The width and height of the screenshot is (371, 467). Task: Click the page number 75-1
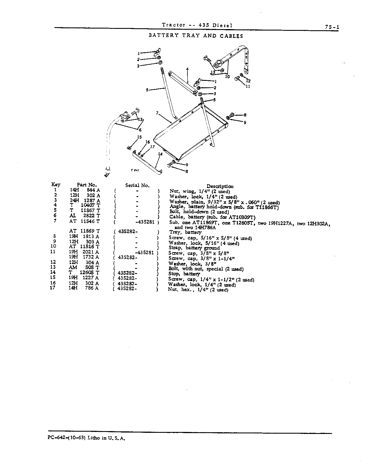332,27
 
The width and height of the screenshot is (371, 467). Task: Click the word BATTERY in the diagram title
164,36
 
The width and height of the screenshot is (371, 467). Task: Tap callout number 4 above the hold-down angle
187,69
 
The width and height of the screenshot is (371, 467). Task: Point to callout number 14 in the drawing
160,154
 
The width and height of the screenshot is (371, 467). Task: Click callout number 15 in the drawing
139,137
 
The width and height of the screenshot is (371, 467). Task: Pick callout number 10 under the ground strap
227,76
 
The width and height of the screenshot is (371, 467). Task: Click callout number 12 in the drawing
249,81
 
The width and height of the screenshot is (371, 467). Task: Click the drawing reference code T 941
134,170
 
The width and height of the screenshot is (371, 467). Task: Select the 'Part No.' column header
87,185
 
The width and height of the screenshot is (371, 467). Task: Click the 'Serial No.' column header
137,185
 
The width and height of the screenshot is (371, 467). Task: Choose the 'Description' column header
220,186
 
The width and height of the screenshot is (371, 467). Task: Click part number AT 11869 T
85,231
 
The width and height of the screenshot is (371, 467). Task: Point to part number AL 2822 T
85,216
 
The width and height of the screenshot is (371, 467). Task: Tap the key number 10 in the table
53,246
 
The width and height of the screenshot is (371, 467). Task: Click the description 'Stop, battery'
184,274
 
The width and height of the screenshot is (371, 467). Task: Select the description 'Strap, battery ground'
194,248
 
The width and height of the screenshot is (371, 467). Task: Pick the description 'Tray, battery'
185,232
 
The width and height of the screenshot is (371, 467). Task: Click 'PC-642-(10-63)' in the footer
65,438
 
